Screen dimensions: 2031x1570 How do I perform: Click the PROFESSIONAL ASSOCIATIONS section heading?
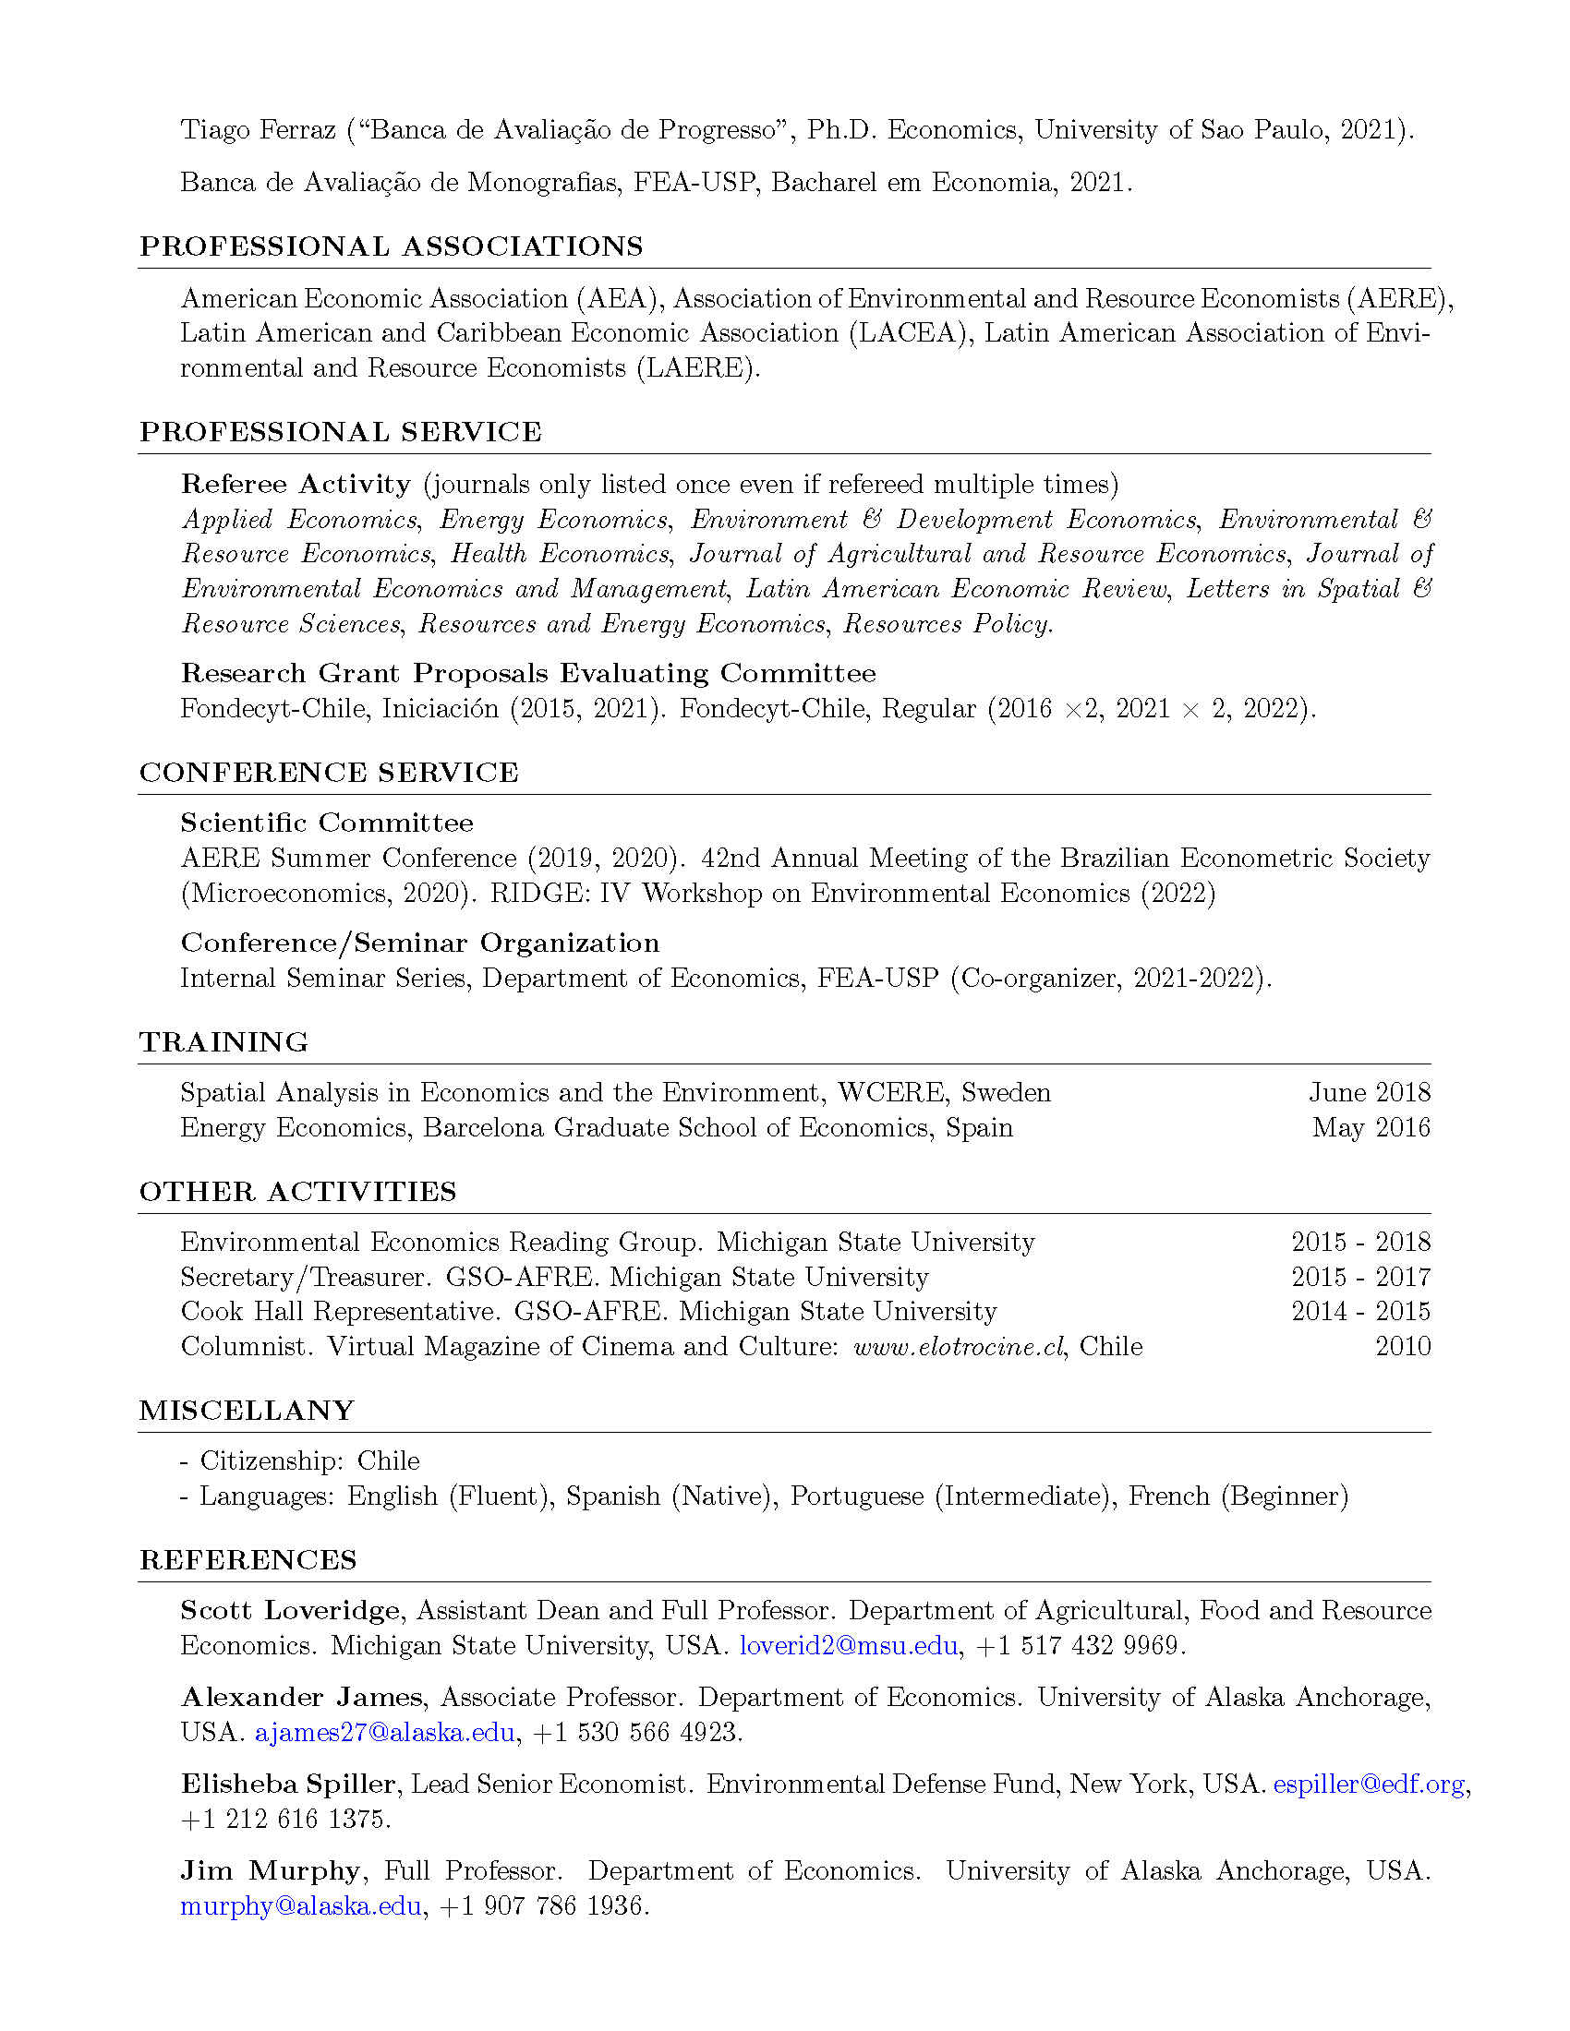pos(391,246)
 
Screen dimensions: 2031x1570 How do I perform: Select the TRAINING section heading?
pos(223,1042)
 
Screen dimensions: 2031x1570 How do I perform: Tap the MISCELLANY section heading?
pos(247,1411)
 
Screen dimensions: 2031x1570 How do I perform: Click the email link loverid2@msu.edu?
pos(848,1646)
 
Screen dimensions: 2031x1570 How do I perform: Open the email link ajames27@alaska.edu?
pos(384,1733)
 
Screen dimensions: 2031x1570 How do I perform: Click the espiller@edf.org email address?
pos(1369,1785)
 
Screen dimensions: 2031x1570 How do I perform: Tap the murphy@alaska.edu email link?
pos(300,1906)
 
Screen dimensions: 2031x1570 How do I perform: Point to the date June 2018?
pos(1369,1093)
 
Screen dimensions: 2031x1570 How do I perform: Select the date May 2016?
pos(1371,1128)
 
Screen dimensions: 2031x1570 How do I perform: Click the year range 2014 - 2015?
pos(1360,1312)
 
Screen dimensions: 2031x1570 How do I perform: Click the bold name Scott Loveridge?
pos(290,1611)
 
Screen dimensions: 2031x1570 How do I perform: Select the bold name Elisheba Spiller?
pos(288,1785)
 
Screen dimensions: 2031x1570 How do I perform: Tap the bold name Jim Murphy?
pos(270,1871)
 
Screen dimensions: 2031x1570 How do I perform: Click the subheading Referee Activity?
pos(296,485)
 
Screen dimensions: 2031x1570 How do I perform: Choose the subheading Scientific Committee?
pos(326,823)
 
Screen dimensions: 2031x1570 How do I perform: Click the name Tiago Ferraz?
pos(258,129)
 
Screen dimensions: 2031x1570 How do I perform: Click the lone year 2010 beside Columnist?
pos(1403,1348)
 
